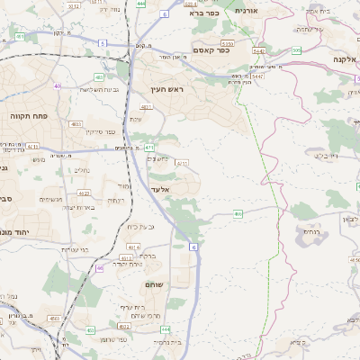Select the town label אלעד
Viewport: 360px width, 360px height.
pos(158,189)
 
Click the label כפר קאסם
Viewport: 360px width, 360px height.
pos(211,50)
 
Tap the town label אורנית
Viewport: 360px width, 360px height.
pos(245,10)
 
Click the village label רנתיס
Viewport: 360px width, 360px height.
pos(310,232)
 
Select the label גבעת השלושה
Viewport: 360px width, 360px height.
pos(75,88)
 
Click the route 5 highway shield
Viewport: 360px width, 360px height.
pos(103,42)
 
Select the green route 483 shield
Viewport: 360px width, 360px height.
pos(76,124)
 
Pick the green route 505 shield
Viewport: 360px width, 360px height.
pos(296,50)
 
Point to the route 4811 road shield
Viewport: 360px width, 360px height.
pos(145,107)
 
